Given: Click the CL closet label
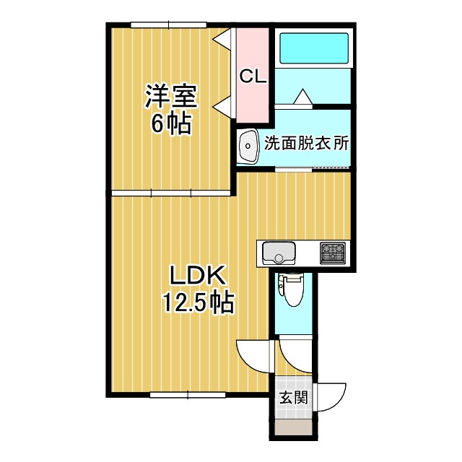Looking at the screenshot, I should [253, 75].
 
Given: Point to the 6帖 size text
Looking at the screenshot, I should [171, 124].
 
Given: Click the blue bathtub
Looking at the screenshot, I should [314, 48].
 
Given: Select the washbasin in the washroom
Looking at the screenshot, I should [250, 148].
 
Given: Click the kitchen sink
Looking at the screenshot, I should [279, 253].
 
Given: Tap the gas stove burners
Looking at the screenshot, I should [334, 253].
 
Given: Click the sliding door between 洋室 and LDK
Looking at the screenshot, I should [171, 193].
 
